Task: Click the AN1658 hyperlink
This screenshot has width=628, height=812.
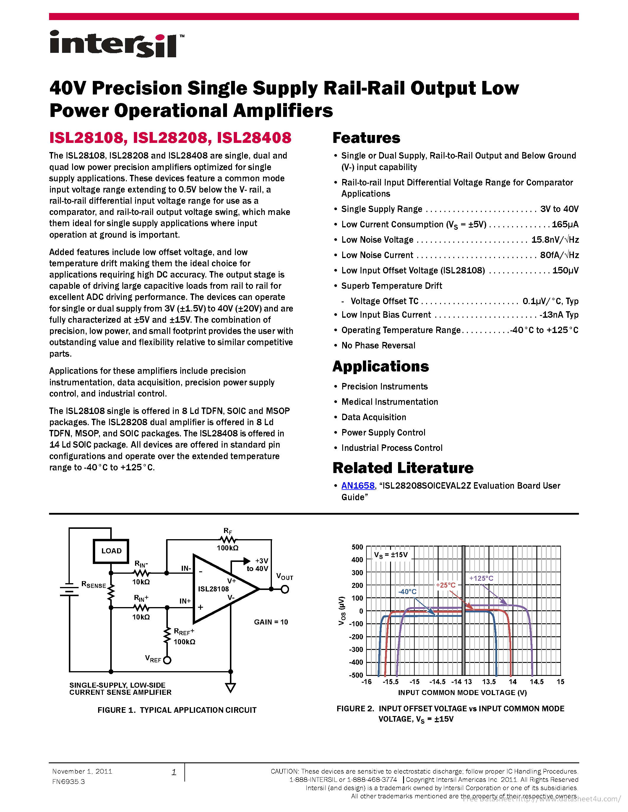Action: point(358,485)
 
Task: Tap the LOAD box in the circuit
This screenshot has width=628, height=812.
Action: point(111,551)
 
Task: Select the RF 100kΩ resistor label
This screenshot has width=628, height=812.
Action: point(228,548)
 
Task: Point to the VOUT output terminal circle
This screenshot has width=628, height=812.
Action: point(285,589)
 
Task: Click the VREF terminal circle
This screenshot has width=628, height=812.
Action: point(167,660)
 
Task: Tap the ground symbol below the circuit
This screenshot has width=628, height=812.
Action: point(231,688)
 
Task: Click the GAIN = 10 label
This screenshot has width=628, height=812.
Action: point(271,622)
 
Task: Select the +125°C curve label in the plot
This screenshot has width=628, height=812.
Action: point(481,578)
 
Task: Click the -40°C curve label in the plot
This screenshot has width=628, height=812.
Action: point(407,591)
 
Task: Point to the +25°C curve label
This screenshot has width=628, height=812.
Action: point(446,585)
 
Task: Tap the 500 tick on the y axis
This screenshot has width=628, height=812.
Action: point(357,547)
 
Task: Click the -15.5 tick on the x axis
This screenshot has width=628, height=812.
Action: point(391,681)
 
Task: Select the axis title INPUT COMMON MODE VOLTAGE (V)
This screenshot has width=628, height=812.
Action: point(463,692)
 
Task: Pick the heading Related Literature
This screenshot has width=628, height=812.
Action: point(403,468)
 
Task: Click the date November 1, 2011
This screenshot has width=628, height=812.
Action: point(82,771)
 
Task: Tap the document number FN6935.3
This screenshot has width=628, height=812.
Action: point(69,782)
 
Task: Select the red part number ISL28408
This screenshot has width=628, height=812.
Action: point(254,138)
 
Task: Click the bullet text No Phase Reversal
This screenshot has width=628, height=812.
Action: point(378,345)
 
